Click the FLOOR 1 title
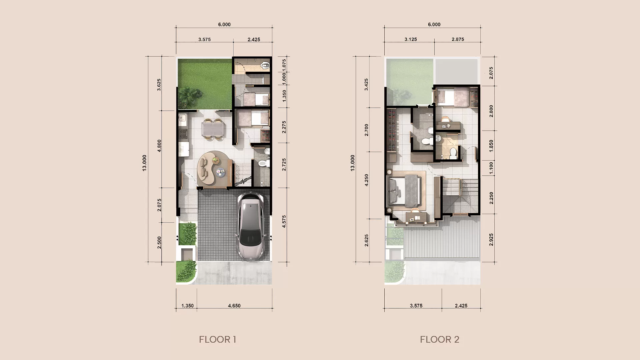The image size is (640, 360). (217, 339)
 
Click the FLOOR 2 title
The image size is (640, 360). (439, 339)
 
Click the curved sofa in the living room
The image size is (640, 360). (208, 168)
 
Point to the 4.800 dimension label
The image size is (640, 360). (159, 146)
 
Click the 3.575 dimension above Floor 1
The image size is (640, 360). (204, 39)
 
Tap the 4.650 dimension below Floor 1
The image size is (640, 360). (234, 305)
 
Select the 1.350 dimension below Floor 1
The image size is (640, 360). (187, 305)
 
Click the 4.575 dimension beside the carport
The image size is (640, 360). (284, 221)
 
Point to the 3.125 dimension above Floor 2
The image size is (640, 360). (411, 39)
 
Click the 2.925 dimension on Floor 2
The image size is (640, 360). (491, 240)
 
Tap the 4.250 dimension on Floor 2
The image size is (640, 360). (366, 180)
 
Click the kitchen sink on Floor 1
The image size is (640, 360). (182, 118)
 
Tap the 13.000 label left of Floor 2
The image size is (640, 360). (352, 163)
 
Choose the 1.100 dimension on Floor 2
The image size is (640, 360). (491, 168)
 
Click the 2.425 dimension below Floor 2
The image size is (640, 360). (461, 305)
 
